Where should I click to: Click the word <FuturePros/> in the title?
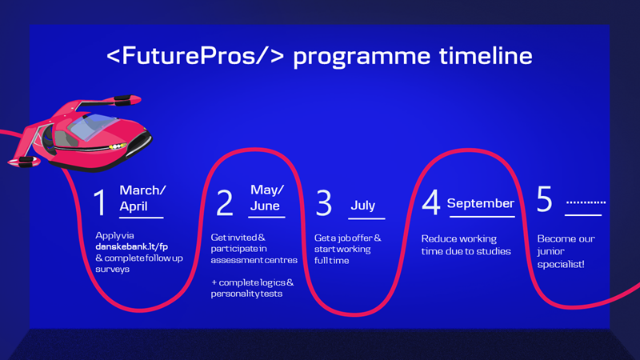[195, 55]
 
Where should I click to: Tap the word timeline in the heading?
[486, 55]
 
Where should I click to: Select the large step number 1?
[100, 202]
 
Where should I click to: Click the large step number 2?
[225, 202]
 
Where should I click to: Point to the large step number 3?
[324, 202]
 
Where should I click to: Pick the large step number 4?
[431, 202]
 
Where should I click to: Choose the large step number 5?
[544, 198]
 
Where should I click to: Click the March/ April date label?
[142, 198]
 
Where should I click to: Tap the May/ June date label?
[267, 198]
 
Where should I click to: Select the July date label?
[363, 205]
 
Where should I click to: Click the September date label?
[481, 203]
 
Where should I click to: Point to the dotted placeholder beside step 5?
[586, 202]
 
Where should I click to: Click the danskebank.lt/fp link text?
[131, 246]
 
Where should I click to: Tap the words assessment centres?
[254, 260]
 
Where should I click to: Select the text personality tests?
[246, 294]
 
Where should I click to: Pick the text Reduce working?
[458, 238]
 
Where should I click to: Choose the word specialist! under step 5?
[561, 264]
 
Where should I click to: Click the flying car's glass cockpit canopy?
[93, 126]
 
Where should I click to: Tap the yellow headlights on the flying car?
[117, 146]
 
